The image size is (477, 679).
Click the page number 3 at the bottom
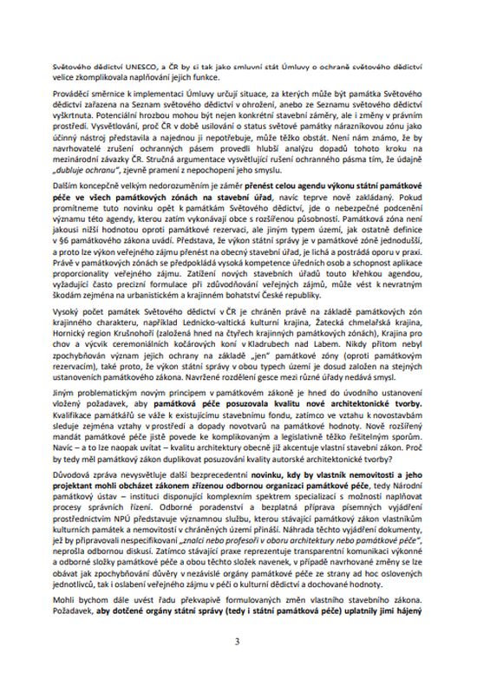pos(238,641)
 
